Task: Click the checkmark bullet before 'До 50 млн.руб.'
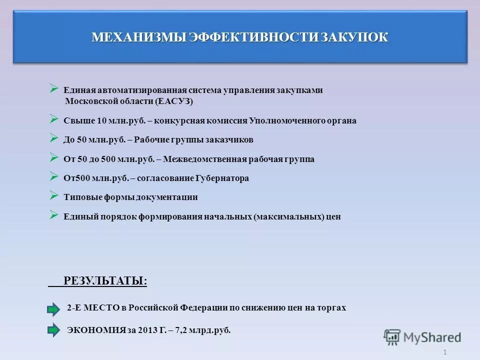(x=54, y=138)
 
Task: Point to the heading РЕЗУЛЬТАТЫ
(x=105, y=281)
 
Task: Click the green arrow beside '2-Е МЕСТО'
(x=53, y=309)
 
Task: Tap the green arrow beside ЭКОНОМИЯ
(x=53, y=330)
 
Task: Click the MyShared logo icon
(x=392, y=337)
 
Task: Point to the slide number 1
(x=444, y=353)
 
